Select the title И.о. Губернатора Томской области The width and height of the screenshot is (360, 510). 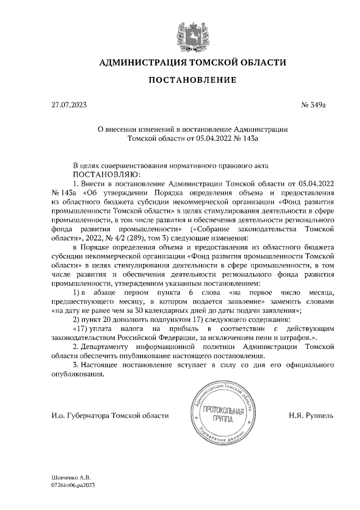coord(109,415)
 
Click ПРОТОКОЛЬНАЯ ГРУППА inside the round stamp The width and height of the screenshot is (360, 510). coord(224,415)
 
